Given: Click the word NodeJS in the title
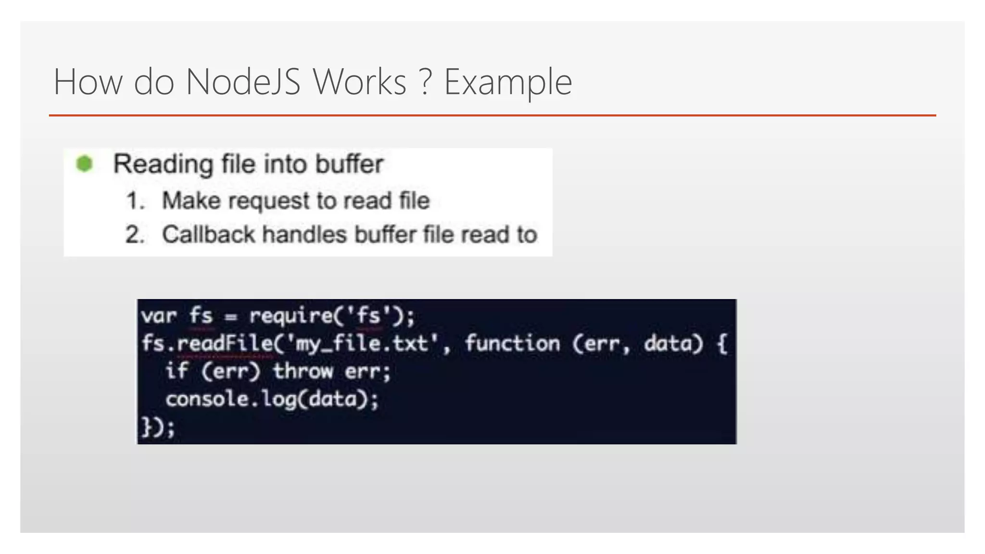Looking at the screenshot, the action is pos(243,82).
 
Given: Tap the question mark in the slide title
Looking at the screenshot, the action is pos(425,82).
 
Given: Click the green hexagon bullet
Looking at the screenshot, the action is pos(85,164).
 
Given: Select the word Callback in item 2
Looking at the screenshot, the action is pos(208,235).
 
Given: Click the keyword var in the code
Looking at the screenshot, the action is pos(159,316).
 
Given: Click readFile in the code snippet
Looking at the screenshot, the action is pos(225,343).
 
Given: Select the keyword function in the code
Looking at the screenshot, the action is pos(512,343).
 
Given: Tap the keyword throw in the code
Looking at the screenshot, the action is pos(303,371).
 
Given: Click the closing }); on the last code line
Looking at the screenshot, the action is pos(158,427).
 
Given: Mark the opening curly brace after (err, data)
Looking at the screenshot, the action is pos(721,344).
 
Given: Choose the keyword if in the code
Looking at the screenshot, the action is pos(176,371).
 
